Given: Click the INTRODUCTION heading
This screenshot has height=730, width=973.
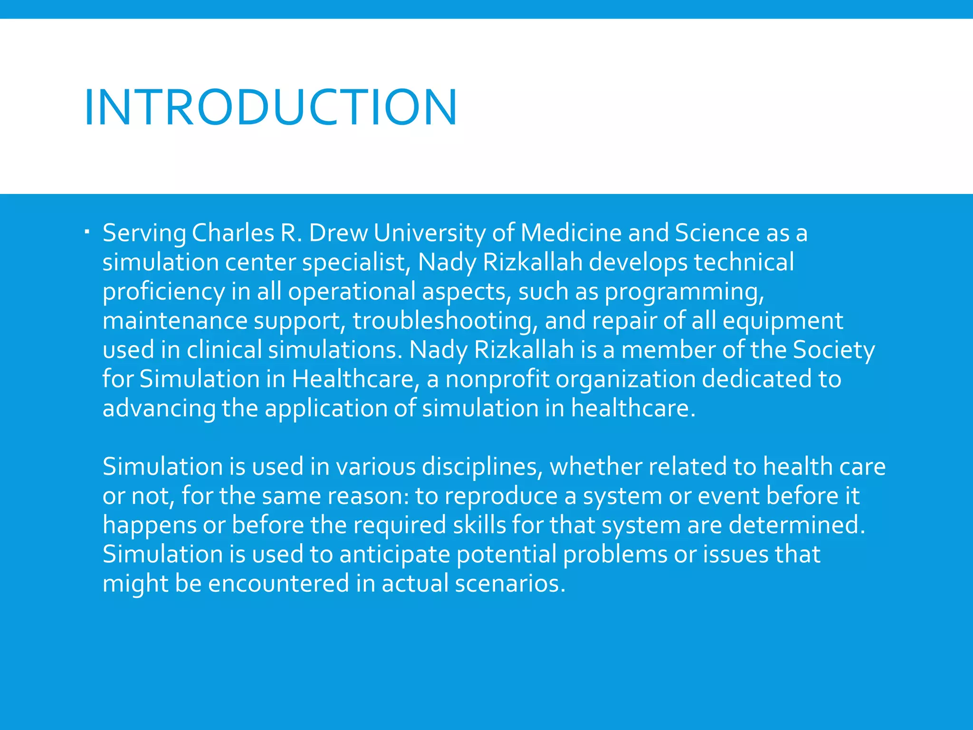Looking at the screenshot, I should pos(270,108).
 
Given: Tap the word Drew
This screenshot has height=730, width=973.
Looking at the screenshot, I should pos(338,233).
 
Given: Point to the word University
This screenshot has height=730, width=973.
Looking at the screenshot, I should pos(429,233).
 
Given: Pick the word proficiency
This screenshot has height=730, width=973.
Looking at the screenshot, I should pos(163,292).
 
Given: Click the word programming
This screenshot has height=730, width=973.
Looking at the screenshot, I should pos(684,292).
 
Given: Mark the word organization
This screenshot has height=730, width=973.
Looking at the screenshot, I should pos(625,380).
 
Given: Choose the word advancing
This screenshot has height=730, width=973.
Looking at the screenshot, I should pos(159,409).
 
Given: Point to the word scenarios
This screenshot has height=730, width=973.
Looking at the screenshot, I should pos(510,584).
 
